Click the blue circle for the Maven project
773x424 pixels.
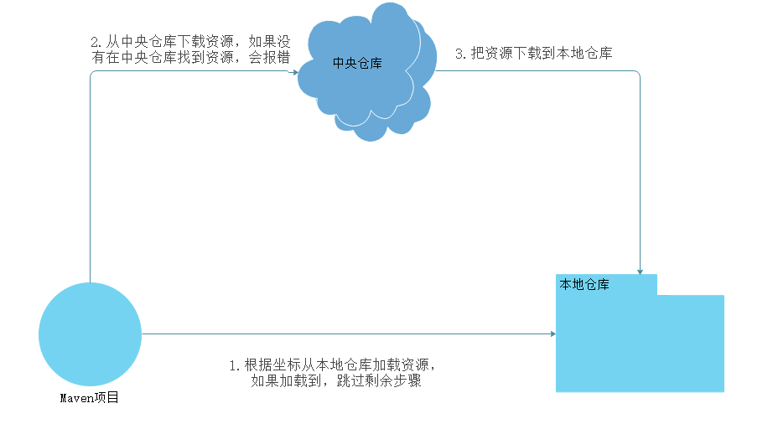coord(90,334)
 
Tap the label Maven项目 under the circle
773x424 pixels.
coord(90,398)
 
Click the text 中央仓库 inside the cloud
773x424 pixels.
coord(357,63)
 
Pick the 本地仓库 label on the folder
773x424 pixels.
coord(584,285)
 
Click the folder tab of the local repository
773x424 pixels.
coord(606,284)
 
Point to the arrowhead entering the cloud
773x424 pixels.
coord(294,72)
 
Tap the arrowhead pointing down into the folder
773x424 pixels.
coord(641,270)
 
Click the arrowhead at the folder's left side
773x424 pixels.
coord(552,334)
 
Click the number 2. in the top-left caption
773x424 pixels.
coord(96,42)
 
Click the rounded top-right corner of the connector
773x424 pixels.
coord(638,73)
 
